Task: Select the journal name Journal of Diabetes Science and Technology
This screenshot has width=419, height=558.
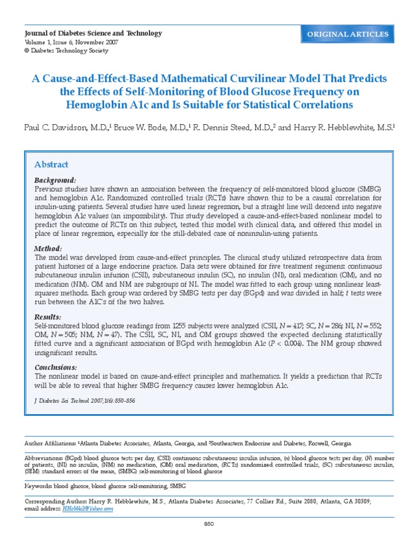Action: pyautogui.click(x=94, y=33)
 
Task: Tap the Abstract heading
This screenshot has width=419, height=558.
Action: pyautogui.click(x=51, y=165)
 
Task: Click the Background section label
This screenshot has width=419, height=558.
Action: pyautogui.click(x=55, y=180)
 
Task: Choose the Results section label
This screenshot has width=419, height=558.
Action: pyautogui.click(x=48, y=317)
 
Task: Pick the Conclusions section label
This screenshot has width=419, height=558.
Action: pyautogui.click(x=56, y=367)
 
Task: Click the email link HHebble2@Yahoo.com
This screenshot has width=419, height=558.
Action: pyautogui.click(x=88, y=508)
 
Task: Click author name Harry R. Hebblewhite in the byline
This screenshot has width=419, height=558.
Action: pyautogui.click(x=332, y=128)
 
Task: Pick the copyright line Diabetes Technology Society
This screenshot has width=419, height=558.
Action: pyautogui.click(x=70, y=51)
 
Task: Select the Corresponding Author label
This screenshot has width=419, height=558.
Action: pyautogui.click(x=57, y=500)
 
